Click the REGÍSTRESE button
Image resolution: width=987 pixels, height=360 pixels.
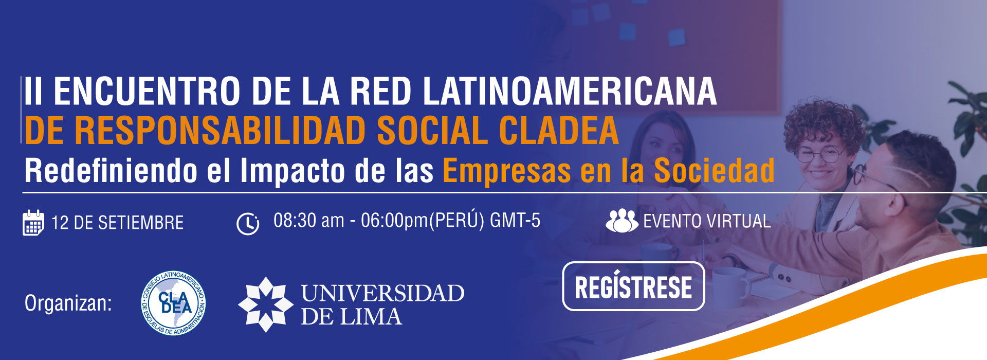633,286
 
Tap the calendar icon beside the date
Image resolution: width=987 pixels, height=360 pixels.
33,223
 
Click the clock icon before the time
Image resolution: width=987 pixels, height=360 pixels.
248,224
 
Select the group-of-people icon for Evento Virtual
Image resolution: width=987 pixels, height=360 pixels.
622,221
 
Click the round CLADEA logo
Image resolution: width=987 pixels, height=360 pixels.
174,303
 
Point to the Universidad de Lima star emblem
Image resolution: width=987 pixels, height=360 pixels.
265,304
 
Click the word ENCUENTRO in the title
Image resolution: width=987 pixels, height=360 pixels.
147,92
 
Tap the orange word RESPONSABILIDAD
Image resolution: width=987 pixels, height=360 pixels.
221,131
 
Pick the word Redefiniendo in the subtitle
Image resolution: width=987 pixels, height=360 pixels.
111,170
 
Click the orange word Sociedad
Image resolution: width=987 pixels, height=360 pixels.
714,170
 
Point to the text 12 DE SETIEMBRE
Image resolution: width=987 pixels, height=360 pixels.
117,223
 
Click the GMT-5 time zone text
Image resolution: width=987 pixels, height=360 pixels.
515,220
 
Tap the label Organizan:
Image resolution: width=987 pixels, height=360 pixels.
68,303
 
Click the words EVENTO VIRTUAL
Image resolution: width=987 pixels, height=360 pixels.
707,221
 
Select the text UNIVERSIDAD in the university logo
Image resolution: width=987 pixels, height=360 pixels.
382,293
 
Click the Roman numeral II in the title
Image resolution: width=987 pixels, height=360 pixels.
33,92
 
